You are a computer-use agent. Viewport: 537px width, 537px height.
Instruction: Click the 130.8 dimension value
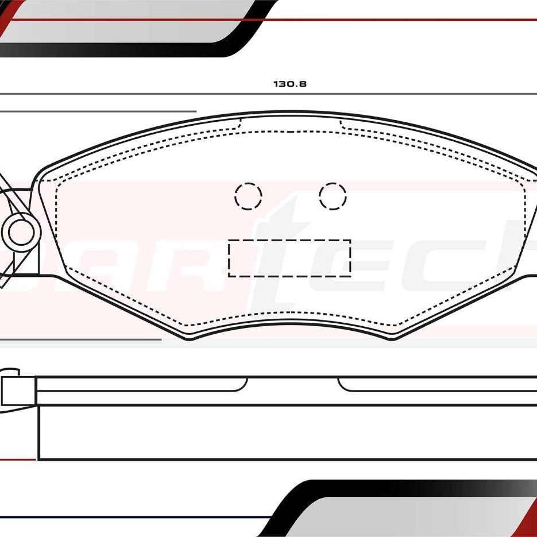point(290,84)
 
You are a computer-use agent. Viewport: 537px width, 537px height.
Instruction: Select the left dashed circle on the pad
point(248,196)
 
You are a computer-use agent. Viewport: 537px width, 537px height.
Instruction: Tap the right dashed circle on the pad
point(333,196)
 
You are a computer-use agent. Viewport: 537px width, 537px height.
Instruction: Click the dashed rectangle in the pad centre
point(289,258)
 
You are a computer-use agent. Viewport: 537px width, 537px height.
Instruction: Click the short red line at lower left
point(17,459)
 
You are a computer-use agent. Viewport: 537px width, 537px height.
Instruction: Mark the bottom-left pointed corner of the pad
point(191,339)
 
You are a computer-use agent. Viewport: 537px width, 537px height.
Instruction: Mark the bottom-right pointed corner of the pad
point(393,339)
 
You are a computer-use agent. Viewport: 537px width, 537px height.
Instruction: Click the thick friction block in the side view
point(287,433)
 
